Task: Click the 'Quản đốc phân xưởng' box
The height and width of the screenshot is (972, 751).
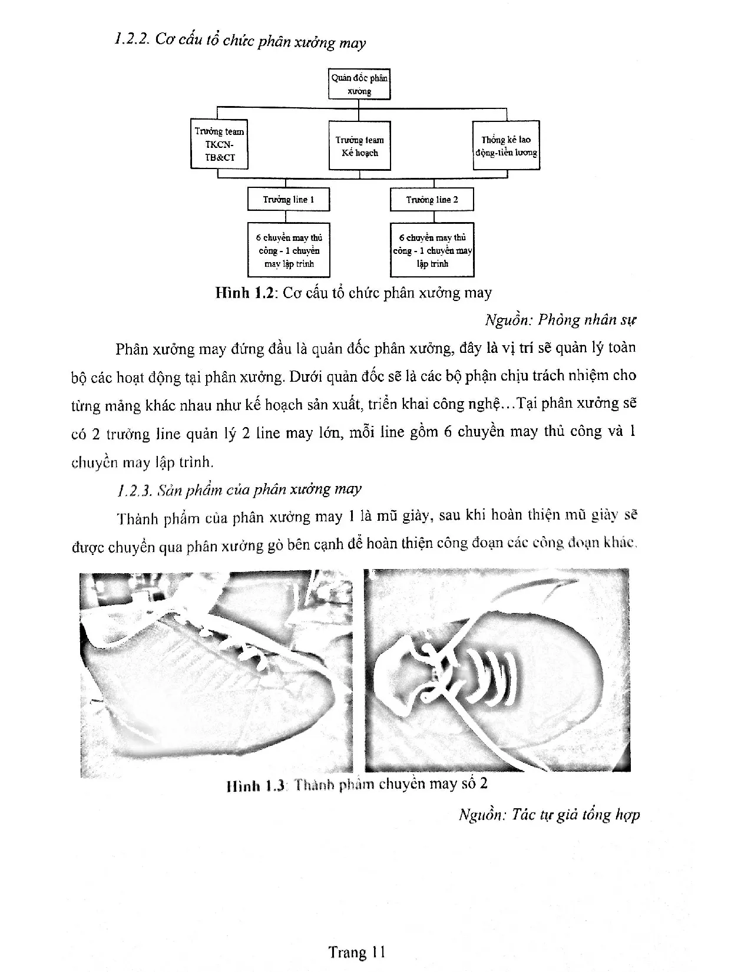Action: tap(359, 84)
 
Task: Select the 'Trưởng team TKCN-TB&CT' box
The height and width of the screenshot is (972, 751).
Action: tap(219, 144)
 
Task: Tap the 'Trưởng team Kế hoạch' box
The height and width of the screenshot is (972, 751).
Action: tap(359, 146)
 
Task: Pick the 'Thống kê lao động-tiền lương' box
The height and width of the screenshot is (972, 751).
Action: tap(506, 146)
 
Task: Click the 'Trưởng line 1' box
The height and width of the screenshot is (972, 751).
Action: tap(288, 199)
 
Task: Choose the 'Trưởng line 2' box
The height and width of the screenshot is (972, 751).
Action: tap(432, 199)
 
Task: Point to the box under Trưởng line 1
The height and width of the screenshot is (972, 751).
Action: tap(288, 250)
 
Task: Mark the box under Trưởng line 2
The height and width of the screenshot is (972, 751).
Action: tap(432, 250)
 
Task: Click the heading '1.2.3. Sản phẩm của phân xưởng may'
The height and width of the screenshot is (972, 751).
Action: tap(239, 489)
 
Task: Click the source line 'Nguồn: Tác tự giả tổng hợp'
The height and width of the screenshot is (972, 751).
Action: tap(549, 815)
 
